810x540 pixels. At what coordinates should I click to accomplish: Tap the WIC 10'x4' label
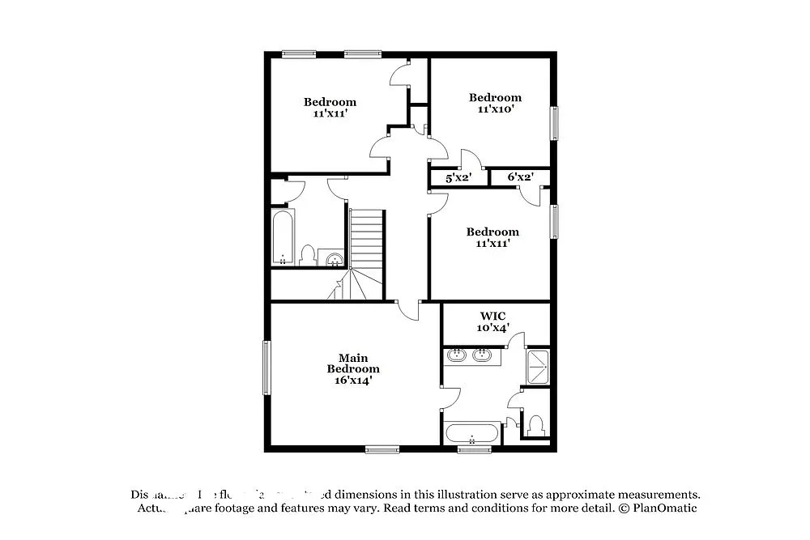click(x=494, y=321)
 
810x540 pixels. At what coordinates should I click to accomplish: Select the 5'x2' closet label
click(x=458, y=177)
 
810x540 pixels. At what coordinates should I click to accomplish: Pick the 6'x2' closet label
click(x=520, y=177)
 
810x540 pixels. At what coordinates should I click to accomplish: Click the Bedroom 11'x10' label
click(x=495, y=103)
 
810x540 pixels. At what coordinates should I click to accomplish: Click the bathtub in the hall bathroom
click(x=283, y=237)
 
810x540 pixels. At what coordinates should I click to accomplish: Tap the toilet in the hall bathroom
click(x=307, y=255)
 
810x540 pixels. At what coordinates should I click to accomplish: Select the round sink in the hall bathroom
click(x=334, y=259)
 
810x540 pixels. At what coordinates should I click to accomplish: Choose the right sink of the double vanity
click(x=483, y=354)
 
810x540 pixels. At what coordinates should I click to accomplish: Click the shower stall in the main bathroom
click(x=538, y=367)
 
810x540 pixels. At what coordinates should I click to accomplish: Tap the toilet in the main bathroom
click(x=535, y=424)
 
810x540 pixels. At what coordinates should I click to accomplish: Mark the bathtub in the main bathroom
click(x=472, y=432)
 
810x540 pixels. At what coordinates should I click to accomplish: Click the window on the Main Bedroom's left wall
click(x=266, y=368)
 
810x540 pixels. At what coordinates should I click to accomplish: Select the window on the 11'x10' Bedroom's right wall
click(x=555, y=123)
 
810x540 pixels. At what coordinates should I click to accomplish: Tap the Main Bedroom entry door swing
click(x=409, y=308)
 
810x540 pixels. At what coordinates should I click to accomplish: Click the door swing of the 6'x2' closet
click(x=529, y=195)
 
